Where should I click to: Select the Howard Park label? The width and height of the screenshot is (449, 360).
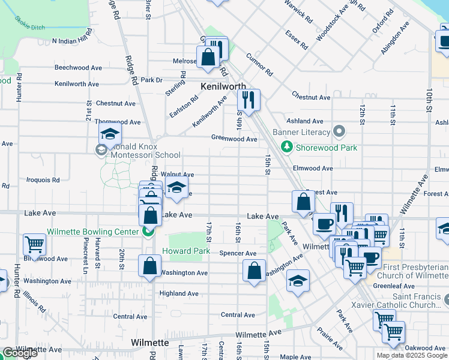(x=190, y=251)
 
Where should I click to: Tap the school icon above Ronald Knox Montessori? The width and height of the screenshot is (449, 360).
(x=110, y=134)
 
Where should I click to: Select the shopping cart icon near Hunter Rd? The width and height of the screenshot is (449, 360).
(x=34, y=244)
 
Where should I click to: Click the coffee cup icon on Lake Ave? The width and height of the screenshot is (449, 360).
(x=324, y=224)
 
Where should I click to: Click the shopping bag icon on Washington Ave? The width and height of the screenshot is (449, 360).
(x=149, y=266)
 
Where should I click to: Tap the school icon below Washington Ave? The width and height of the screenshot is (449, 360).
(x=298, y=281)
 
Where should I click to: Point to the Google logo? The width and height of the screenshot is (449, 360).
(x=20, y=353)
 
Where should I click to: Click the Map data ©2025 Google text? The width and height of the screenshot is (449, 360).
(x=412, y=355)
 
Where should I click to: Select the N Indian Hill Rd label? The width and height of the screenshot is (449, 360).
(x=73, y=41)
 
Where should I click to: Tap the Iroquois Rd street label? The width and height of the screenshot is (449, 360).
(x=43, y=179)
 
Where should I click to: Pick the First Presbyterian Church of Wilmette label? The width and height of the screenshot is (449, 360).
(x=415, y=271)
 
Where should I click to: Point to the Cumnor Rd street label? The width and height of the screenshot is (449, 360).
(x=259, y=64)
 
